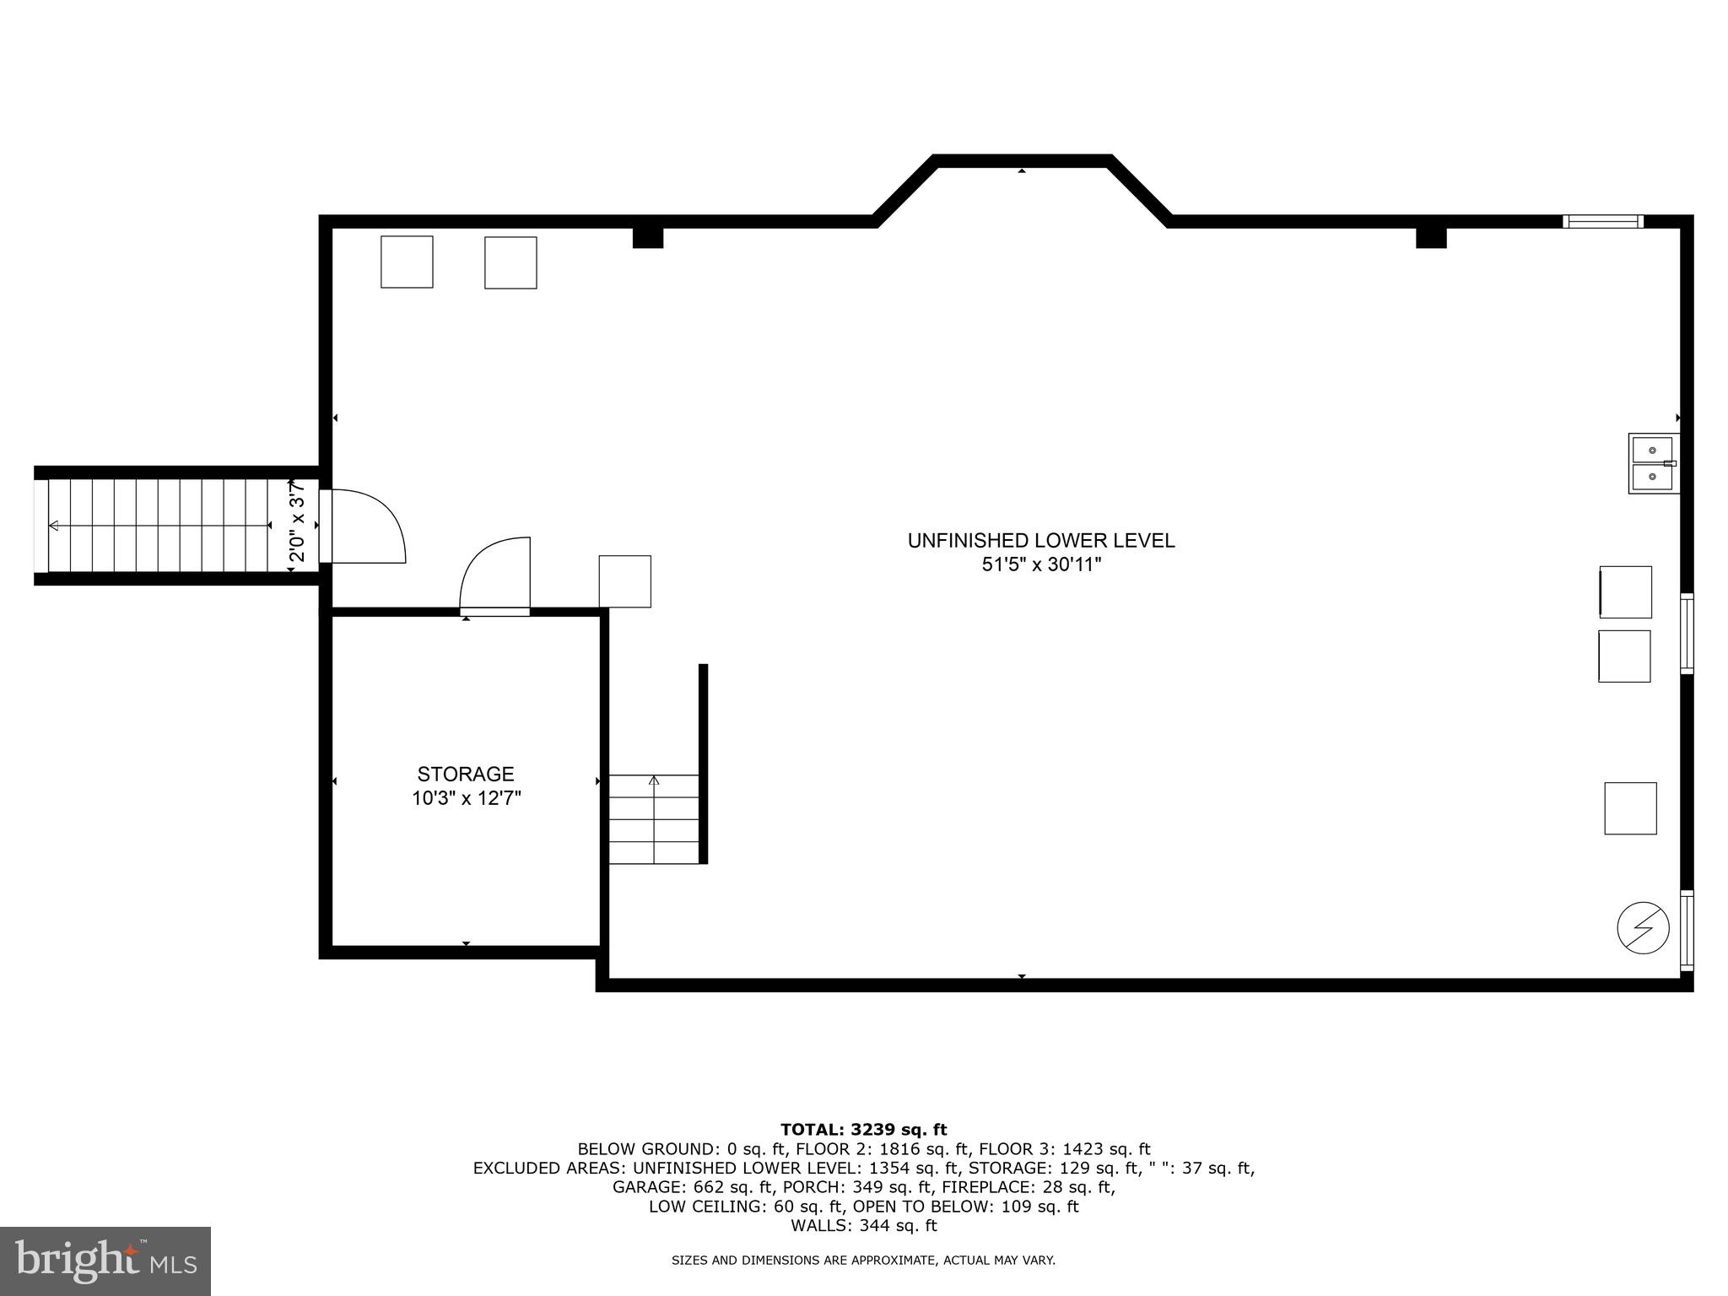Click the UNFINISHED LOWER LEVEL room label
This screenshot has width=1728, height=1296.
(x=1040, y=541)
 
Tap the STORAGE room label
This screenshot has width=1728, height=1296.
(x=465, y=774)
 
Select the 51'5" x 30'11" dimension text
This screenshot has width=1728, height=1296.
(x=1041, y=564)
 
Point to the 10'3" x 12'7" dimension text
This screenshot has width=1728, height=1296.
(x=466, y=798)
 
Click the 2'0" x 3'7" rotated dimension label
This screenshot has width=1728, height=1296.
(x=297, y=523)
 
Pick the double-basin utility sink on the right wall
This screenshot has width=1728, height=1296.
(x=1653, y=463)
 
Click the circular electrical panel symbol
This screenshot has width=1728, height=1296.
(x=1643, y=928)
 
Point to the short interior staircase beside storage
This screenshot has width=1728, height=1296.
(x=654, y=818)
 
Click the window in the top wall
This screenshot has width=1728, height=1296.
(x=1602, y=222)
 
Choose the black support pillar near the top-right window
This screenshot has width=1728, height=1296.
(x=1431, y=237)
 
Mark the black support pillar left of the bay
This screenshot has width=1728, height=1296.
(x=648, y=237)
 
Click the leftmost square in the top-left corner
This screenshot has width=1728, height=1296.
(x=407, y=262)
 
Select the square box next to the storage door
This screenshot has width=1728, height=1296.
(x=625, y=581)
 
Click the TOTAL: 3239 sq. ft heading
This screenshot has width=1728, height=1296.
(x=863, y=1130)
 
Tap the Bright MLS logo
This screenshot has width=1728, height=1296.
(x=105, y=1261)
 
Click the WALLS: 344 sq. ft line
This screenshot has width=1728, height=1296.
(x=863, y=1225)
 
